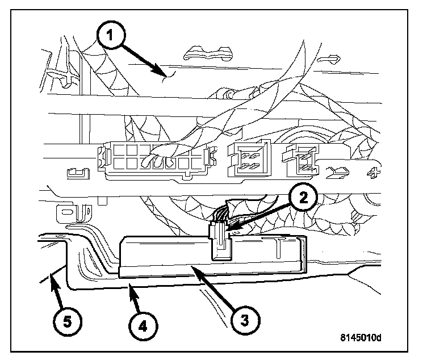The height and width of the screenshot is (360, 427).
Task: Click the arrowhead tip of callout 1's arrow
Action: coord(165,76)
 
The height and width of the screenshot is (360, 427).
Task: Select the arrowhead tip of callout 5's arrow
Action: coord(51,273)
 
